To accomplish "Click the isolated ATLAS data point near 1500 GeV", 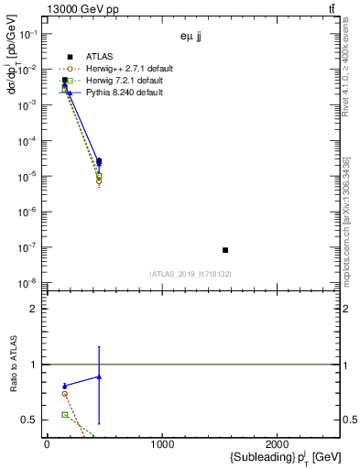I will click(224, 250).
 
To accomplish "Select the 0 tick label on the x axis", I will click(47, 444).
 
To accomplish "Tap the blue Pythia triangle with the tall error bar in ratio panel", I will click(99, 376).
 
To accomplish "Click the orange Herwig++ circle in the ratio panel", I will click(64, 394).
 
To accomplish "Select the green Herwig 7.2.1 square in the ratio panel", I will click(64, 415).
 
